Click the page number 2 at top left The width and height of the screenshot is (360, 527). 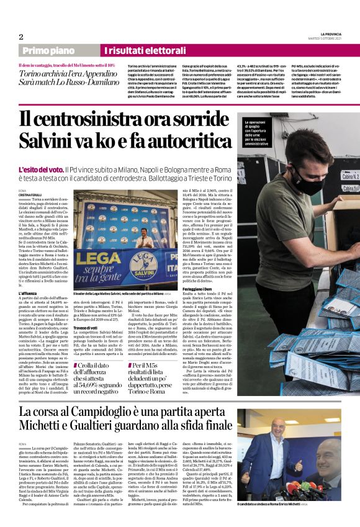pyautogui.click(x=20, y=36)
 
